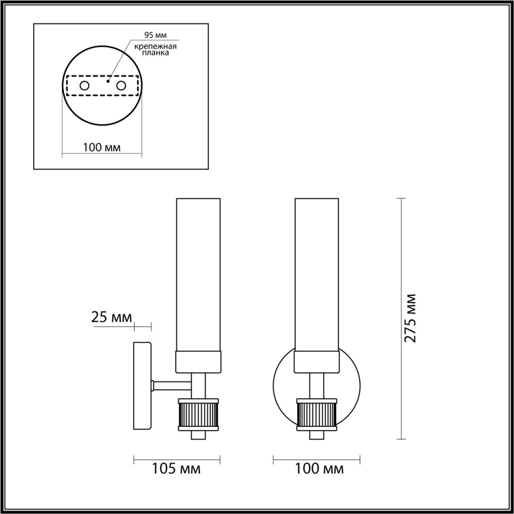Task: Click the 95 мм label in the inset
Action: (x=155, y=35)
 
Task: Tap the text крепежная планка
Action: (x=156, y=50)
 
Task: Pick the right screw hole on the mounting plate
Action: (x=121, y=86)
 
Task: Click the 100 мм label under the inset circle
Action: (x=101, y=148)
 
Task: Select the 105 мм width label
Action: (x=176, y=468)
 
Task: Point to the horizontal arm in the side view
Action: (x=173, y=385)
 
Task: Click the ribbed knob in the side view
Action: (x=198, y=414)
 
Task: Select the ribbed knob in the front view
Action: (x=316, y=414)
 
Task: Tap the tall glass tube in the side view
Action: (x=198, y=272)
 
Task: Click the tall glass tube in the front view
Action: (x=316, y=272)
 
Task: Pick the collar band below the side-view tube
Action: (x=198, y=362)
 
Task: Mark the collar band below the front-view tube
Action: (x=316, y=362)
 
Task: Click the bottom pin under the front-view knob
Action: (x=316, y=435)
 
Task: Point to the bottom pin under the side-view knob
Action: (x=198, y=435)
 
